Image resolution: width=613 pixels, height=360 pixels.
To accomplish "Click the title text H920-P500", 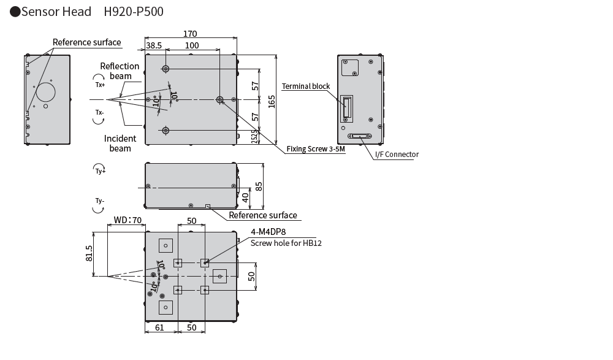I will (x=133, y=12).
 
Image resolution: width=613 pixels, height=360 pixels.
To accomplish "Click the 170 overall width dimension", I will (x=190, y=34).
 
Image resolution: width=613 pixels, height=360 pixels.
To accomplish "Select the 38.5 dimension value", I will (x=154, y=45).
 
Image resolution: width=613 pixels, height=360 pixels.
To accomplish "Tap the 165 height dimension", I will (x=271, y=100).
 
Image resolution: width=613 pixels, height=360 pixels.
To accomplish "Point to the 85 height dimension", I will (x=259, y=185).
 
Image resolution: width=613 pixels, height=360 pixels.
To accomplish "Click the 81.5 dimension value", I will (x=89, y=254).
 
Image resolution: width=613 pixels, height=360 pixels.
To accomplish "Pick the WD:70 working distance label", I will (x=128, y=220).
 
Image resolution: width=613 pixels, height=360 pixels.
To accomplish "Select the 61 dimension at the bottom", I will (x=159, y=328).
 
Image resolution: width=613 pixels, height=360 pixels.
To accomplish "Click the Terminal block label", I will (x=306, y=86).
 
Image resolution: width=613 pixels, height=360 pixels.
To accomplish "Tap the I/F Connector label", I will (x=397, y=155).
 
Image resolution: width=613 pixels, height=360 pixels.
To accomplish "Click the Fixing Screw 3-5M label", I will (x=316, y=149).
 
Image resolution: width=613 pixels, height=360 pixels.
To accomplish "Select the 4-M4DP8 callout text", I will (x=268, y=232).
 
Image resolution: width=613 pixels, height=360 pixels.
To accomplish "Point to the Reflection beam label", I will (x=120, y=71).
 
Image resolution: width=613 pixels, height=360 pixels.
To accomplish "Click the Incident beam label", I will (x=120, y=144).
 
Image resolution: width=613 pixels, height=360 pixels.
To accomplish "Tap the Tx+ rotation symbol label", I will (x=100, y=85).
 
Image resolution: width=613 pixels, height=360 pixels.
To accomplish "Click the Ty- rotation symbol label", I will (x=99, y=201).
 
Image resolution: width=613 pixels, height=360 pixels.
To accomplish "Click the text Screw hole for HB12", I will (x=286, y=243).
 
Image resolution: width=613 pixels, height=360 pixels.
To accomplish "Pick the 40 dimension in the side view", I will (x=245, y=197).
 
